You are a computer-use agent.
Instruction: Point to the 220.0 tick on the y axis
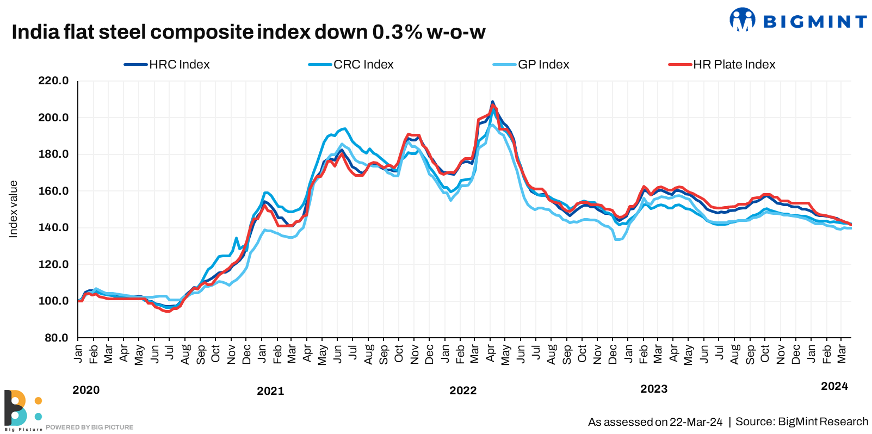[x=53, y=81]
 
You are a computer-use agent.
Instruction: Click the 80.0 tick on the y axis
[x=56, y=338]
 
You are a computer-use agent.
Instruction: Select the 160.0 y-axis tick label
[x=53, y=191]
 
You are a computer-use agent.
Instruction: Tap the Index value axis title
[x=13, y=209]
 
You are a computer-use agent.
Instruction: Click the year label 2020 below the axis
[x=86, y=390]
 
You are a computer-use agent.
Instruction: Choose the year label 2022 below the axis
[x=463, y=390]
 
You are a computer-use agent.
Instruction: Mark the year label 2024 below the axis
[x=834, y=386]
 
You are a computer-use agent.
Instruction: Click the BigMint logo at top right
[x=798, y=21]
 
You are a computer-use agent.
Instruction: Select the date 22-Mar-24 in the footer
[x=696, y=422]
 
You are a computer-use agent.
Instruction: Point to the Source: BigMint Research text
[x=802, y=421]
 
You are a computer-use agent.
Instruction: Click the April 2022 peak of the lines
[x=492, y=103]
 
